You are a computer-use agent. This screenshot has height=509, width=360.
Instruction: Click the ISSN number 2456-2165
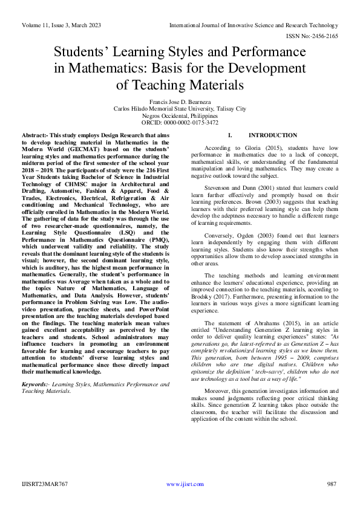click(318, 36)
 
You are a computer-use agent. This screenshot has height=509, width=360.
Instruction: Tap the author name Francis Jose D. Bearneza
click(180, 102)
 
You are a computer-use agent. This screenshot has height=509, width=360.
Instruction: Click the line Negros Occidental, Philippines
click(180, 115)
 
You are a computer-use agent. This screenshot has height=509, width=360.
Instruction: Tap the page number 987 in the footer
click(331, 484)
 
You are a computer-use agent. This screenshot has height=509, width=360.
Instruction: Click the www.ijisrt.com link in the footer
click(180, 484)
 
